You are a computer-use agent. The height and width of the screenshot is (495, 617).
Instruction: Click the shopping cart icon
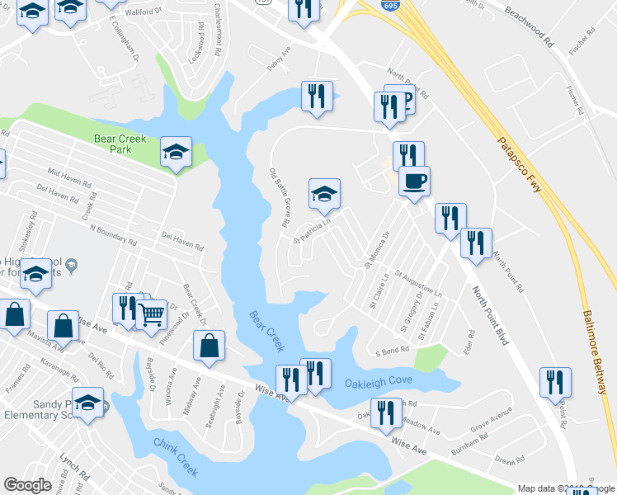[x=151, y=314]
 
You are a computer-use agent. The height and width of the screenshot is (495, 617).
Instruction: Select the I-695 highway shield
[x=387, y=6]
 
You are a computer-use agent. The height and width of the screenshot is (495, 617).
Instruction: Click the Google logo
[x=27, y=485]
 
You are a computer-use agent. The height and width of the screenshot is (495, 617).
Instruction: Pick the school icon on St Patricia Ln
[x=324, y=195]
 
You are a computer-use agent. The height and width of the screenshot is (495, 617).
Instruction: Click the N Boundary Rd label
[x=114, y=236]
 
